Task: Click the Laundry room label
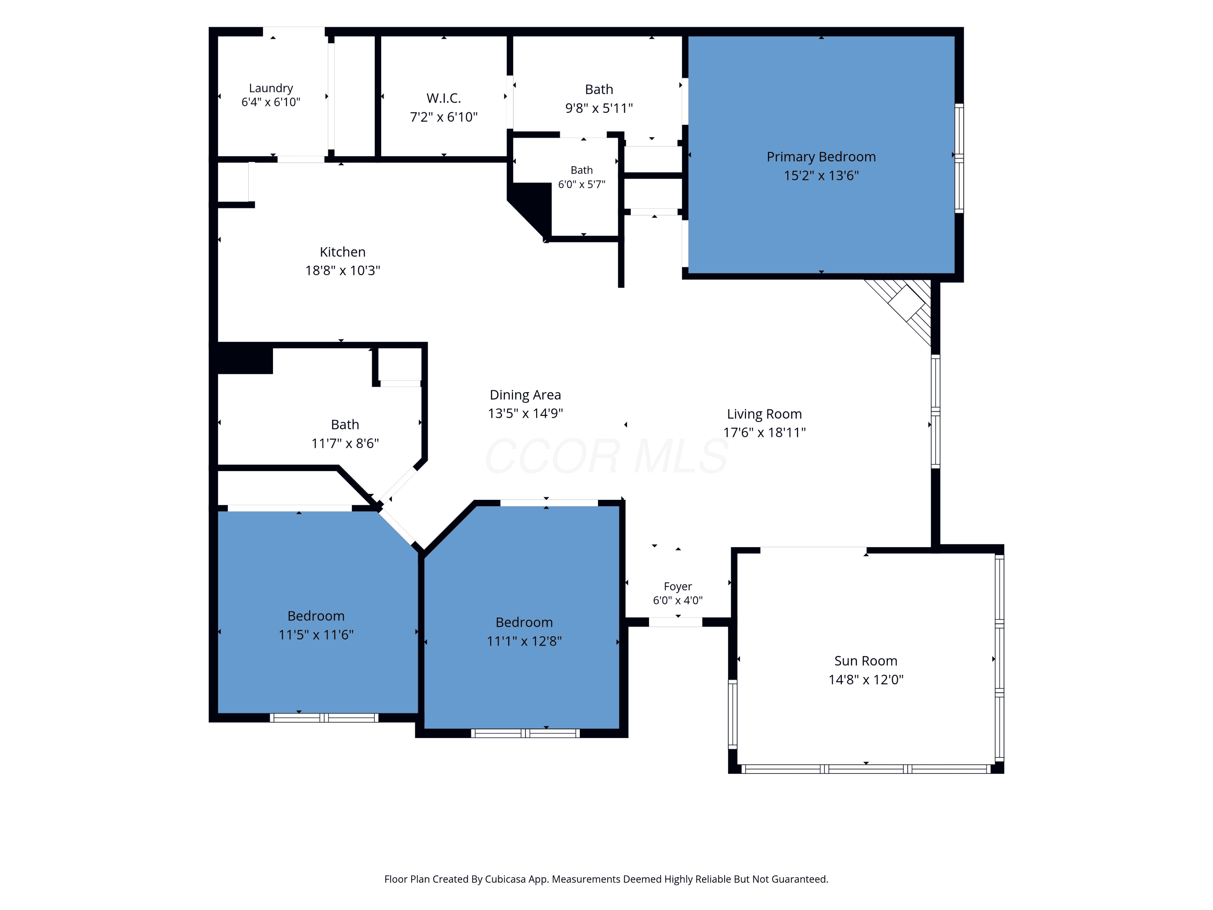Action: click(x=271, y=88)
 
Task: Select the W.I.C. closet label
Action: click(x=444, y=98)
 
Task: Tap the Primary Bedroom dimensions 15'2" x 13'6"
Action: click(x=821, y=176)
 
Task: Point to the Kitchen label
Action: click(x=343, y=252)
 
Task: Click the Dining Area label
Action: click(x=525, y=395)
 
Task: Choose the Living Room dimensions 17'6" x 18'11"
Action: click(x=765, y=432)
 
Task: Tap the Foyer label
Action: click(x=678, y=586)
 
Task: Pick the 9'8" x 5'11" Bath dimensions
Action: click(x=599, y=108)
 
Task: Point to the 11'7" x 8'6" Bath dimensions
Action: click(x=345, y=443)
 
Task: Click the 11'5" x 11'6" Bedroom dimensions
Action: click(x=316, y=635)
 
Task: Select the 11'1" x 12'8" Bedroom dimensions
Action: click(x=524, y=641)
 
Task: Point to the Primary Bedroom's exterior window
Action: click(x=959, y=158)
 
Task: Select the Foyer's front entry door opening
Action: click(x=676, y=622)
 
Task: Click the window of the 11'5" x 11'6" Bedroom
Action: click(x=324, y=717)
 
